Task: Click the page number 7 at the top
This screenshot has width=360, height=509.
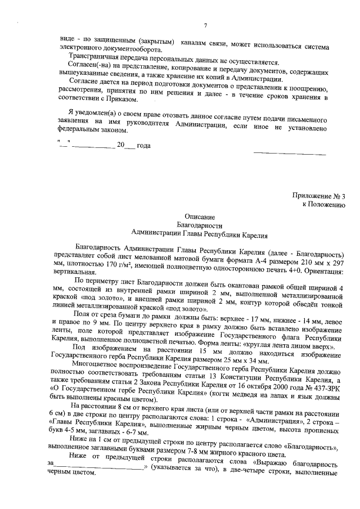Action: tap(205, 25)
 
